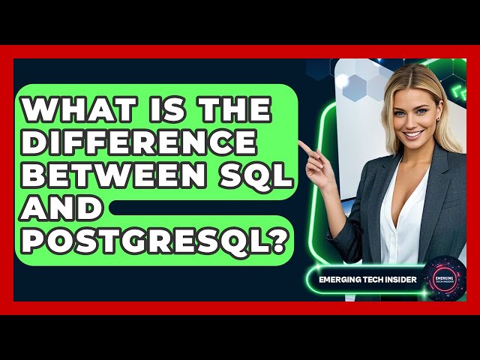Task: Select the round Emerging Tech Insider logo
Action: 444,279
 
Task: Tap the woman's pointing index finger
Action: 304,143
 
